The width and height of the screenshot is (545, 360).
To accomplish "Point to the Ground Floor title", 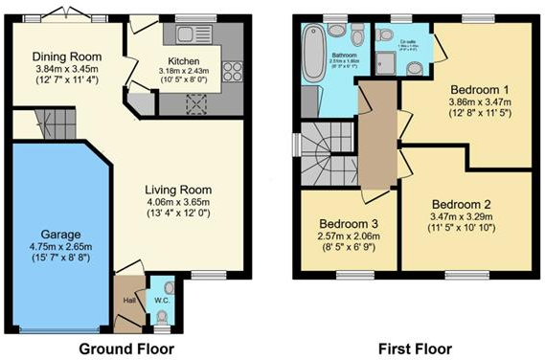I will tap(125, 349).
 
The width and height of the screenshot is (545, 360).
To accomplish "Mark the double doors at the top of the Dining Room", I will tap(68, 13).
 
